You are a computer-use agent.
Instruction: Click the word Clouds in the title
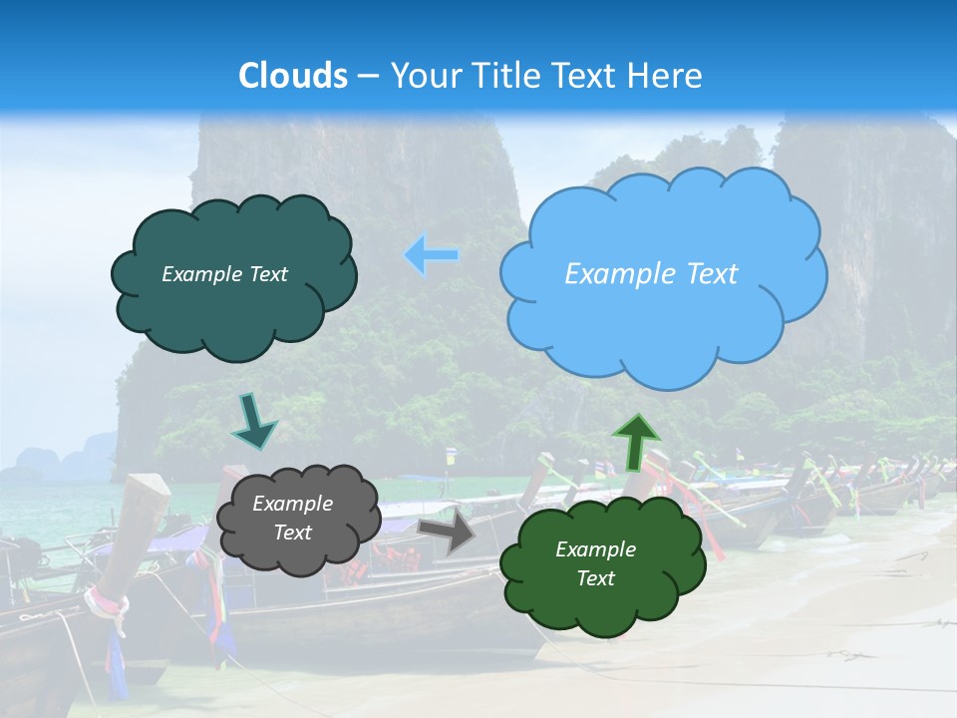(x=293, y=76)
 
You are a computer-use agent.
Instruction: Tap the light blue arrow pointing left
(x=432, y=255)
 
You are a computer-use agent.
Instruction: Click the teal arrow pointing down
(x=253, y=421)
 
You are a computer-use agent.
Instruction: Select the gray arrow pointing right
(x=448, y=532)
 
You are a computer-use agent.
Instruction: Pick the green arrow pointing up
(x=636, y=443)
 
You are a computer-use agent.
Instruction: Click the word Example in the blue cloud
(x=609, y=274)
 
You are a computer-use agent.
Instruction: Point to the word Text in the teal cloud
(x=268, y=274)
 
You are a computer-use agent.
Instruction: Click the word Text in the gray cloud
(x=293, y=533)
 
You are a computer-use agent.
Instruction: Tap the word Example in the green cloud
(x=596, y=549)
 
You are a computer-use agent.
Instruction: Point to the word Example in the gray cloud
(x=293, y=504)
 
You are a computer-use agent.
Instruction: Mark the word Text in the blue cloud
(x=711, y=274)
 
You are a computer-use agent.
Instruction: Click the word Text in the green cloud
(x=596, y=578)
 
